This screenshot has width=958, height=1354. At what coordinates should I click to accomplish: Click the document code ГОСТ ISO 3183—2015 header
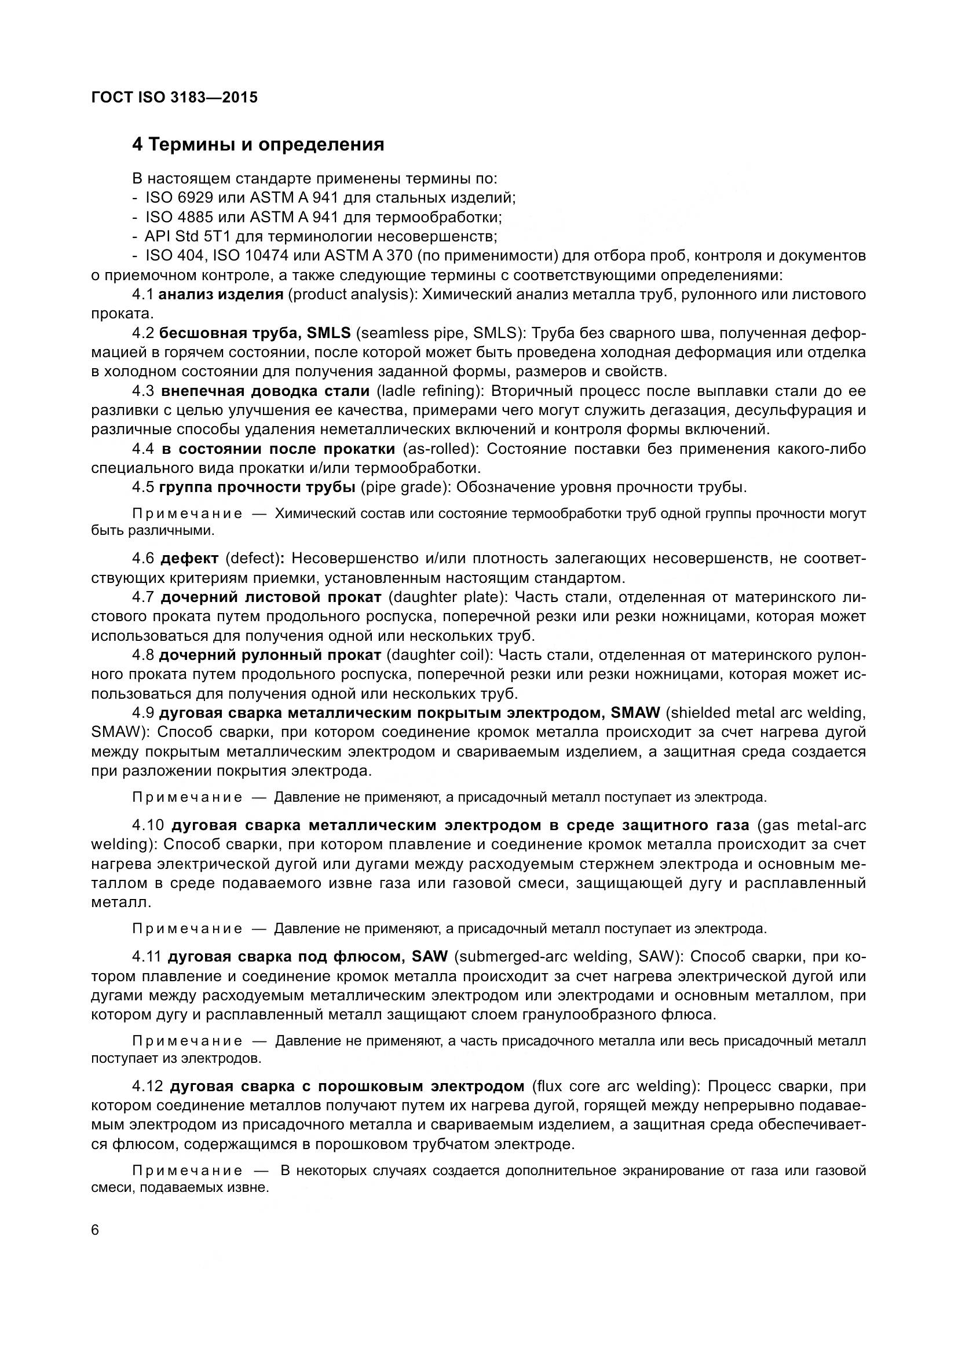[174, 98]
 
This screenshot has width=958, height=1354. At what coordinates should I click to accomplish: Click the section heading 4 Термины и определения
[258, 145]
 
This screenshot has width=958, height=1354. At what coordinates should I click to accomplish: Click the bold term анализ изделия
[221, 294]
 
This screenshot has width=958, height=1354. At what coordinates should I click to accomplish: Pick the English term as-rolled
[440, 449]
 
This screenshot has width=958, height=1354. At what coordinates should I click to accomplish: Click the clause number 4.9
[142, 713]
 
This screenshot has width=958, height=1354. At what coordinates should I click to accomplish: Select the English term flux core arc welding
[615, 1086]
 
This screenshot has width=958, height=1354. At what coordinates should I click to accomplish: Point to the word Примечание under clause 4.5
[187, 513]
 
